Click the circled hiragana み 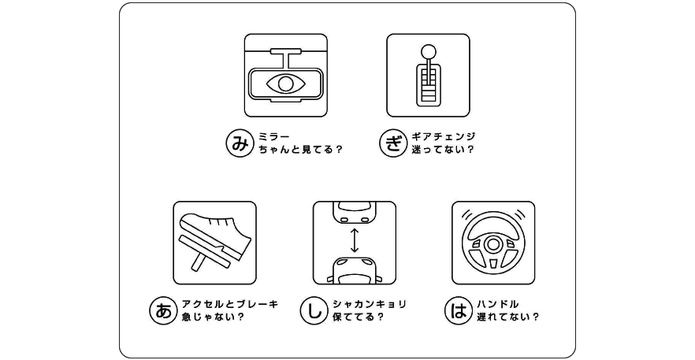pyautogui.click(x=239, y=143)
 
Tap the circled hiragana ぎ pyautogui.click(x=392, y=143)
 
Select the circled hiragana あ pyautogui.click(x=162, y=311)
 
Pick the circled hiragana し pyautogui.click(x=314, y=311)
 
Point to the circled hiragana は pyautogui.click(x=457, y=311)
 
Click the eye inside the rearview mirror pyautogui.click(x=285, y=84)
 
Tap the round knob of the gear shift pyautogui.click(x=428, y=51)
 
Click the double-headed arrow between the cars pyautogui.click(x=354, y=240)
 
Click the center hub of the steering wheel pyautogui.click(x=493, y=244)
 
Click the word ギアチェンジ pyautogui.click(x=443, y=137)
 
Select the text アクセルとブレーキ pyautogui.click(x=229, y=305)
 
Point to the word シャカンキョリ pyautogui.click(x=370, y=305)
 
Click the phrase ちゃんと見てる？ pyautogui.click(x=300, y=150)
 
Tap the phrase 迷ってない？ pyautogui.click(x=443, y=150)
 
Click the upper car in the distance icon pyautogui.click(x=354, y=212)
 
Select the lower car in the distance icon pyautogui.click(x=354, y=270)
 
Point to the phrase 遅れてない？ pyautogui.click(x=508, y=317)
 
